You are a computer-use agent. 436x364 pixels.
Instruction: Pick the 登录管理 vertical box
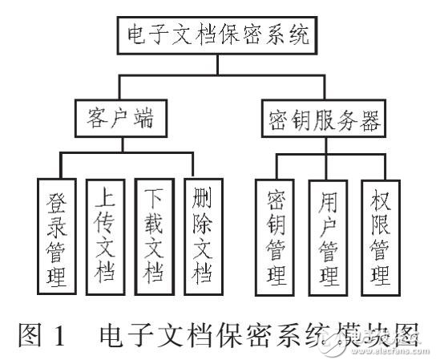point(57,236)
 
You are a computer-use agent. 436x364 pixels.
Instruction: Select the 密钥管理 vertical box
point(277,236)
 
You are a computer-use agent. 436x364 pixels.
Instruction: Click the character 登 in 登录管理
point(57,197)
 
